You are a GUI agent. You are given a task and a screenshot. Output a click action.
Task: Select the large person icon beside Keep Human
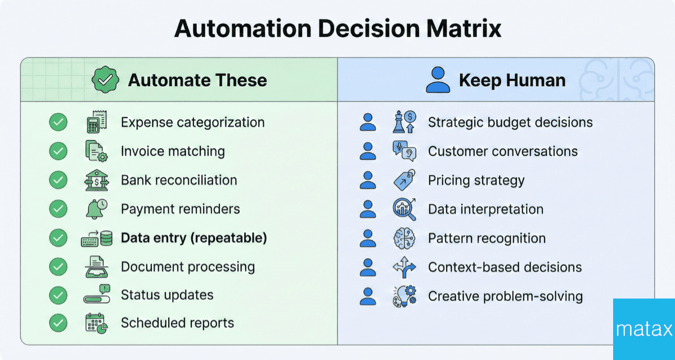click(x=438, y=80)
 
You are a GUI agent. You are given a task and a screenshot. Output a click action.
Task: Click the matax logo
click(x=643, y=329)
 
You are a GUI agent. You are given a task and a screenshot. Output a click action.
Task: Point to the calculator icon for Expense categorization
click(x=93, y=122)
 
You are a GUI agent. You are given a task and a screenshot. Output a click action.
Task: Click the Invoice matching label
click(x=173, y=151)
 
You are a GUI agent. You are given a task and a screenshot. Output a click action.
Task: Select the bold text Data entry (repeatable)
click(x=193, y=238)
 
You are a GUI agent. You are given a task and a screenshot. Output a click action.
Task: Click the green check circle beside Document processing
click(x=58, y=267)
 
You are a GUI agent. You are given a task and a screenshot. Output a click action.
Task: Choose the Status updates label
click(x=167, y=295)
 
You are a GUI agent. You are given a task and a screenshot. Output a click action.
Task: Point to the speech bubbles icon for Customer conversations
click(x=404, y=151)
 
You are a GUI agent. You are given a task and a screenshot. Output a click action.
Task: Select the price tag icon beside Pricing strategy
click(x=404, y=181)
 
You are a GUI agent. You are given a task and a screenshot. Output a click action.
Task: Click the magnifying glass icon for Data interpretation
click(x=404, y=209)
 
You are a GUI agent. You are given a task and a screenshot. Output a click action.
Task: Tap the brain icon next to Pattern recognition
click(x=404, y=238)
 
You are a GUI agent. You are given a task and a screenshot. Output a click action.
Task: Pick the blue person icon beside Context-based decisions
click(x=368, y=267)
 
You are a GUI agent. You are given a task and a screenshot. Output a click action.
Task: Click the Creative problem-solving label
click(x=505, y=296)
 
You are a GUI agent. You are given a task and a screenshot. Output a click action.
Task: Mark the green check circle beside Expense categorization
click(x=58, y=122)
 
